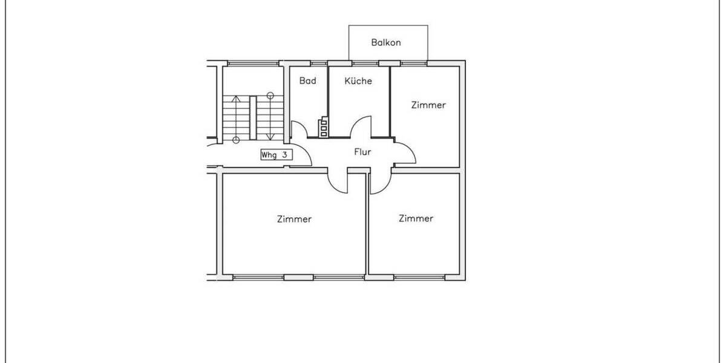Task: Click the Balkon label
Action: (x=386, y=43)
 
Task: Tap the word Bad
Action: (x=307, y=80)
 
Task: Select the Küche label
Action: (x=358, y=80)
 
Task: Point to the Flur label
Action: (x=362, y=152)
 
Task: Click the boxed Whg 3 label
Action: (x=276, y=155)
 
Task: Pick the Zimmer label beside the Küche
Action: (x=428, y=105)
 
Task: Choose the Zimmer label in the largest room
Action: (x=294, y=219)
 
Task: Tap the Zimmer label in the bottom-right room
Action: (x=416, y=218)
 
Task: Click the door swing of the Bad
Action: (x=299, y=129)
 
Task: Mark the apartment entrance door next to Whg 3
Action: (x=302, y=159)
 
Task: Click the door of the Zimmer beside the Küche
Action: (x=405, y=152)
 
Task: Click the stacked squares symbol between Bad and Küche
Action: (x=325, y=126)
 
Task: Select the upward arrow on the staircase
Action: (x=236, y=118)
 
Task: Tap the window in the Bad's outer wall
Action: (x=318, y=63)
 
